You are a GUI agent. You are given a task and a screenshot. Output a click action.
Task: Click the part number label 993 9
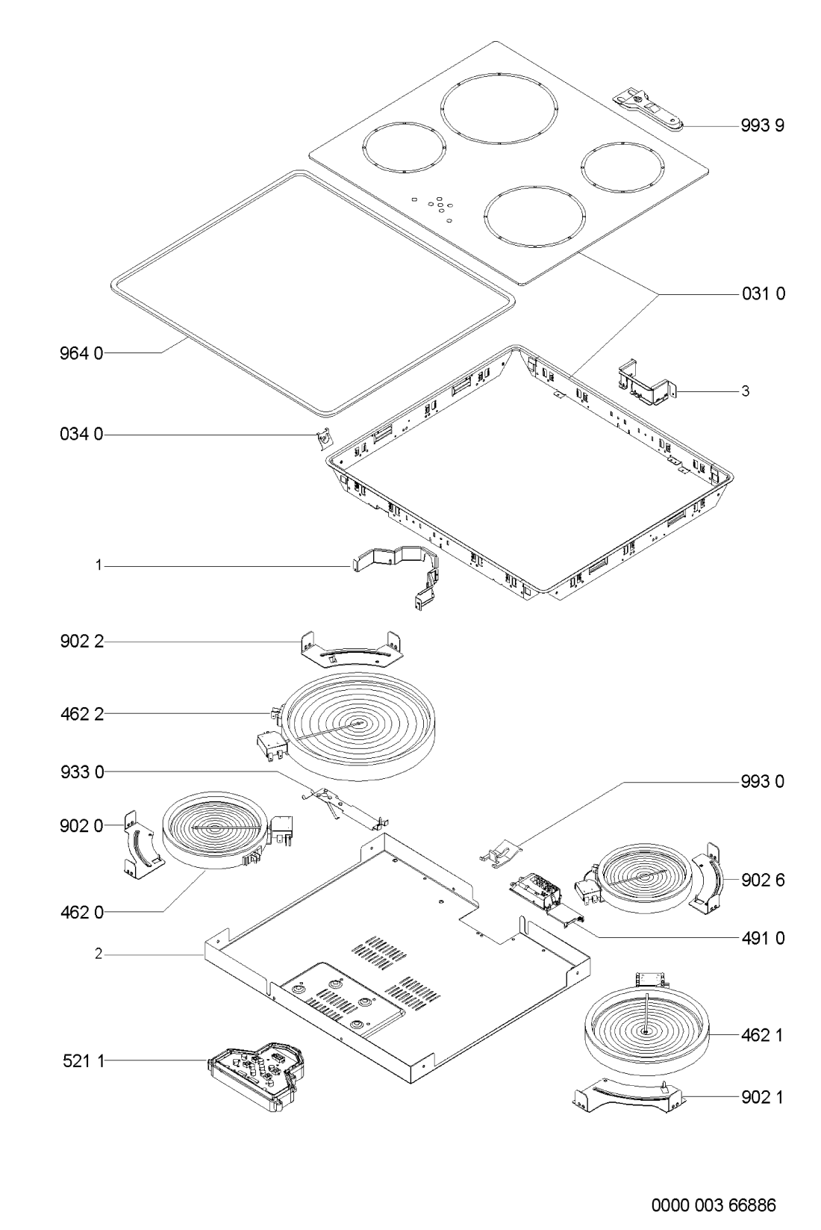[x=762, y=125]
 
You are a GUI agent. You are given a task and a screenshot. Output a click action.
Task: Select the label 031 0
[x=764, y=293]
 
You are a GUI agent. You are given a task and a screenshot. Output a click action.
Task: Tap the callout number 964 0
[x=81, y=353]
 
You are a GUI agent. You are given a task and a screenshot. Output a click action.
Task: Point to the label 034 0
[x=81, y=435]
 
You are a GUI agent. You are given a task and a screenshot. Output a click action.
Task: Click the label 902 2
[x=82, y=642]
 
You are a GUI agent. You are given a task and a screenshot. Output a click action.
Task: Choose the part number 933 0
[x=82, y=773]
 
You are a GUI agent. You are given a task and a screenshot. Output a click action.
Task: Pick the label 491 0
[x=763, y=939]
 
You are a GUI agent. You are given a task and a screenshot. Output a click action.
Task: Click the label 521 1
[x=84, y=1061]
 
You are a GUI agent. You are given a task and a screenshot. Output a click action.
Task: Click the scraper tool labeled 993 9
[x=648, y=109]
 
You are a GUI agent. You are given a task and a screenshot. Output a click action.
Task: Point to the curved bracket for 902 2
[x=352, y=652]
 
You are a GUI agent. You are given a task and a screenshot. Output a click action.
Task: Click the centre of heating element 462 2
[x=360, y=724]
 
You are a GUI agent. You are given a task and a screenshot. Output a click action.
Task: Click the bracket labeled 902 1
[x=629, y=1096]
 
